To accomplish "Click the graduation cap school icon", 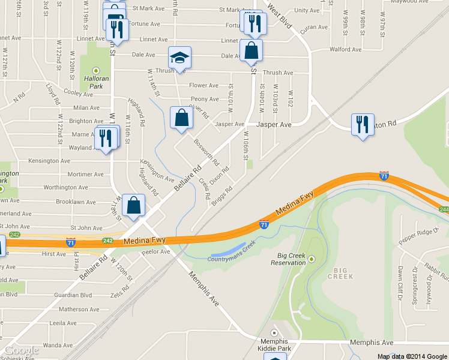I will pos(179,58).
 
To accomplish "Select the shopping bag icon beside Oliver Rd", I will pos(181,118).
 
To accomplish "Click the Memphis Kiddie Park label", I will pos(275,344).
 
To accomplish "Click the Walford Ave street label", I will pos(345,49).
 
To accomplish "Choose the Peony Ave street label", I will pos(205,99).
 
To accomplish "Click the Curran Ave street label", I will pos(312,28).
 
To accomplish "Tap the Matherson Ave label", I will pos(70,310).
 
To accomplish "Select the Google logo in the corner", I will pos(21,350).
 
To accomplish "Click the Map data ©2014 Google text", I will pos(411,356).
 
